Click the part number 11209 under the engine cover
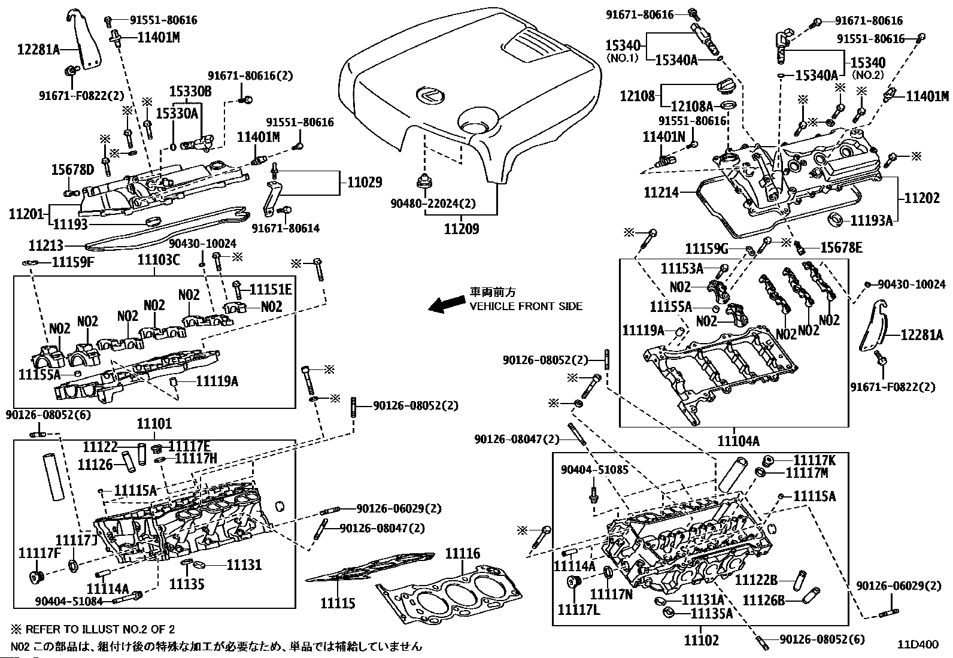click(461, 229)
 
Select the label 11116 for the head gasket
click(462, 554)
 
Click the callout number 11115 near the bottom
click(338, 603)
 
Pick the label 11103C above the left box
click(158, 259)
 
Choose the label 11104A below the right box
click(738, 441)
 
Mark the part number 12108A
click(692, 106)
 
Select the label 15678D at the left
click(72, 170)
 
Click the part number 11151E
click(271, 290)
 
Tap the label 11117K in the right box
click(814, 460)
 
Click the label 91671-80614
click(286, 228)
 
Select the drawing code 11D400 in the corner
click(917, 645)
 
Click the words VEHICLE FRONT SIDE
click(526, 306)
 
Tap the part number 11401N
click(663, 137)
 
